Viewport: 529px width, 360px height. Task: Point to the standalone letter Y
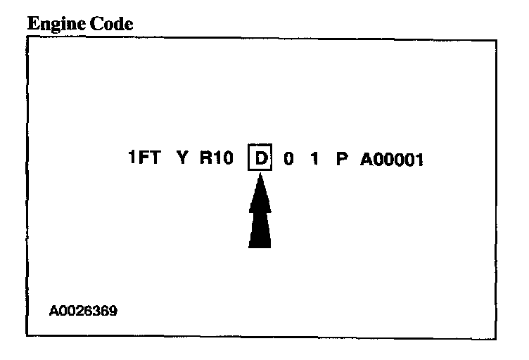point(182,159)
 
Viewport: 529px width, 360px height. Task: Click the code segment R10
point(215,159)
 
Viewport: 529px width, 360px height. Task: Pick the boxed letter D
point(260,159)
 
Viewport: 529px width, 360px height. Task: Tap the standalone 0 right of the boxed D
point(288,159)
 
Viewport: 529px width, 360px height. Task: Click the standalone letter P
point(342,159)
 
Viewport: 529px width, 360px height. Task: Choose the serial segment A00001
point(391,159)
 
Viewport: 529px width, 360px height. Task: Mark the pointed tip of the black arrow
point(260,176)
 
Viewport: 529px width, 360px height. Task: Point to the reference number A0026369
point(83,309)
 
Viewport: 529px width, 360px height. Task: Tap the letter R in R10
point(205,159)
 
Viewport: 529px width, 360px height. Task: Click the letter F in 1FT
point(144,159)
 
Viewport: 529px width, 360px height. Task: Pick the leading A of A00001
point(367,159)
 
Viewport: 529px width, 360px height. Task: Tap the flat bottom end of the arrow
point(260,245)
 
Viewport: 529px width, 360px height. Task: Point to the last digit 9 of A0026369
point(113,309)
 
